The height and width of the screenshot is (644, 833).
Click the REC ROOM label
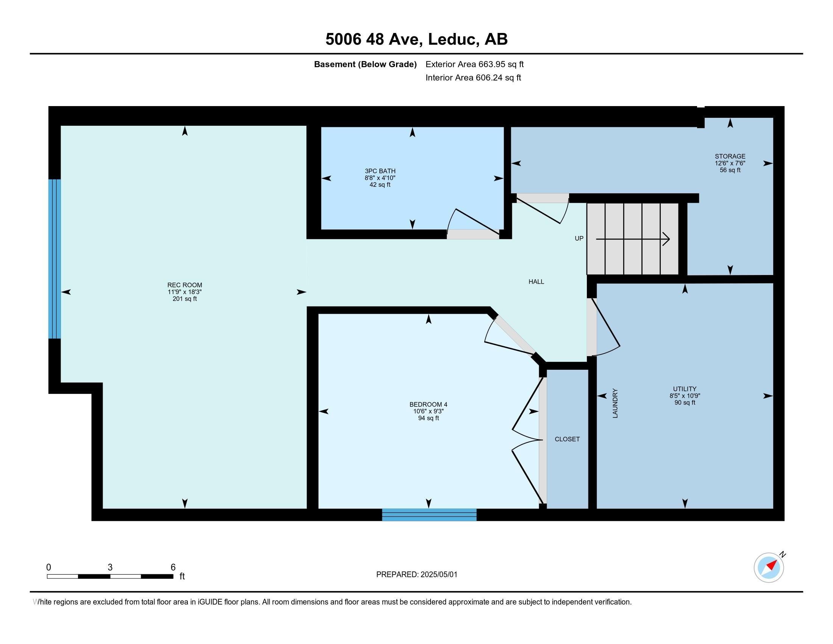click(x=185, y=285)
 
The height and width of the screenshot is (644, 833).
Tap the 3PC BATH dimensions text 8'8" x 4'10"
click(x=380, y=178)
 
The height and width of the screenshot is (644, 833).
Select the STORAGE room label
click(x=730, y=156)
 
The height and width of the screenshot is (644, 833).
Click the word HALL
click(x=536, y=281)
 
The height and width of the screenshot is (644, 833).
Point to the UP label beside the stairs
click(x=579, y=238)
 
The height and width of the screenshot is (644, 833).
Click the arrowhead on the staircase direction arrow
click(x=666, y=239)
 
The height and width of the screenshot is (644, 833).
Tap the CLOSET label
click(x=567, y=439)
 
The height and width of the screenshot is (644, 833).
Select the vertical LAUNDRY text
click(x=615, y=403)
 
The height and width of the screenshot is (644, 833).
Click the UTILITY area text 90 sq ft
click(x=685, y=402)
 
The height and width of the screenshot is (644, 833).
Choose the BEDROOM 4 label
click(x=428, y=405)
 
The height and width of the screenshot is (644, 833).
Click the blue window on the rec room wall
click(x=55, y=259)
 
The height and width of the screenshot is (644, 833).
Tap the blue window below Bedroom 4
click(x=429, y=515)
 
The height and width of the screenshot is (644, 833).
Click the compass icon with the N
click(x=769, y=567)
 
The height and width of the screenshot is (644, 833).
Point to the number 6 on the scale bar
click(x=173, y=567)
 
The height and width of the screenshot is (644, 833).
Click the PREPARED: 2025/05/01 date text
click(x=416, y=575)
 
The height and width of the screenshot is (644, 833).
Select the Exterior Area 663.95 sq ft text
click(x=474, y=64)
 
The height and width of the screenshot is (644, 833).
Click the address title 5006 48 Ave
click(x=374, y=39)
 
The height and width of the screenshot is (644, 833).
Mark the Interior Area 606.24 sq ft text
click(x=473, y=78)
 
